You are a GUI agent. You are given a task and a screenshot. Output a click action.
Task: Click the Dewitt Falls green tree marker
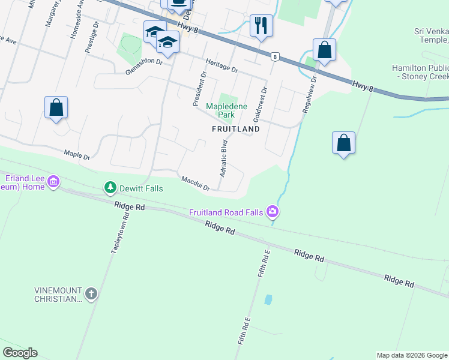[110, 188]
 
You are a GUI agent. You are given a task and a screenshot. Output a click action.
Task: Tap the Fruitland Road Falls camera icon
[273, 211]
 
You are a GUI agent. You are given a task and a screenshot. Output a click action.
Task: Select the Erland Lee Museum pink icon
[53, 181]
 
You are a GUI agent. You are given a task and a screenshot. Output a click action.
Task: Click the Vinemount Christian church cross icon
[91, 294]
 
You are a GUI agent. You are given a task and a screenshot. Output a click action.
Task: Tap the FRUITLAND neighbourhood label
[235, 129]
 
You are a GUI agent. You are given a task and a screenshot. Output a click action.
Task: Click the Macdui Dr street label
[194, 183]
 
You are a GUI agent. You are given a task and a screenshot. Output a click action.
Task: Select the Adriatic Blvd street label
[223, 158]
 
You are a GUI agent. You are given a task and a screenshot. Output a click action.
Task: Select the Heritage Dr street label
[221, 65]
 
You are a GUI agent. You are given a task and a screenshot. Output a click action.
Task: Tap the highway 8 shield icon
[274, 56]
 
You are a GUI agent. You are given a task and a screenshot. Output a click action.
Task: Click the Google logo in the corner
[19, 353]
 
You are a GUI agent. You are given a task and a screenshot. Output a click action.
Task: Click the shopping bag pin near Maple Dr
[56, 108]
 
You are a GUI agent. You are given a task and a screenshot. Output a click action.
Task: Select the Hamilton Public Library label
[420, 73]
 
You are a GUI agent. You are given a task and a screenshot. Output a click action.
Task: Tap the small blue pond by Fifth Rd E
[268, 299]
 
